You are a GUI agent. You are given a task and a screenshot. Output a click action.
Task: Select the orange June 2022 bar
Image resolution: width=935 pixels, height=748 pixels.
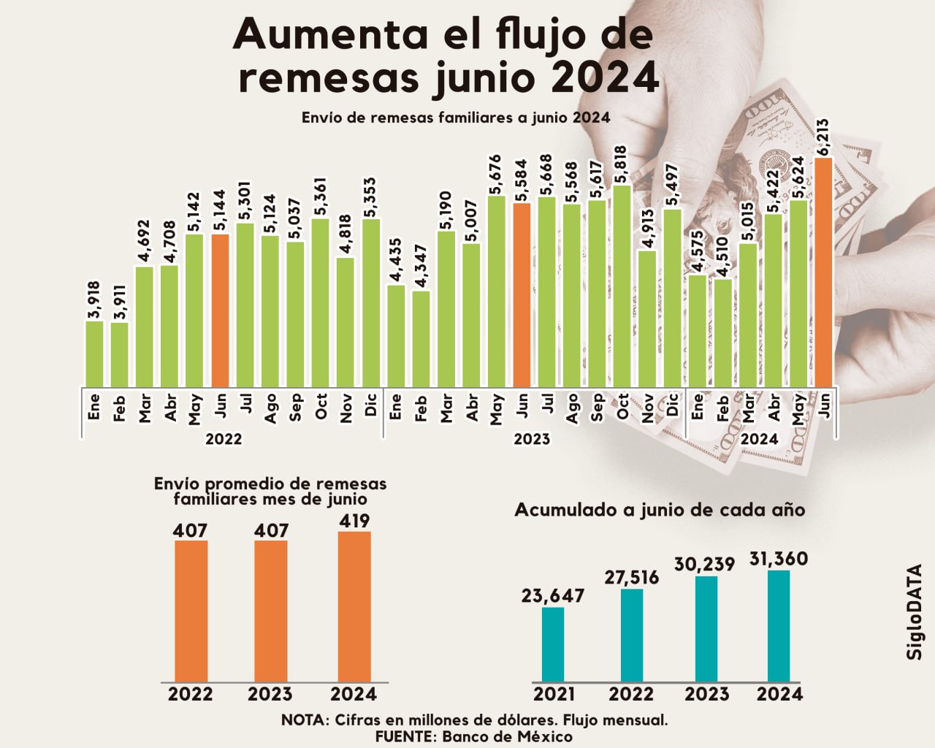[221, 310]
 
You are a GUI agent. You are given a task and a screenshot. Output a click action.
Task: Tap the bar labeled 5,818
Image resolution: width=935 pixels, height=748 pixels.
[622, 285]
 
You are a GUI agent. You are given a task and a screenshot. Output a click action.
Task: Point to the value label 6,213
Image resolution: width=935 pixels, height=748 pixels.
[823, 137]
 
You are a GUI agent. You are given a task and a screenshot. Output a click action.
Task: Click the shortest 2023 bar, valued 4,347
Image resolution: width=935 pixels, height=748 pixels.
[421, 337]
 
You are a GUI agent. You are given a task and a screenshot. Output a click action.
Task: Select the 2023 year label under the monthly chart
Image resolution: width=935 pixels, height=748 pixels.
[532, 440]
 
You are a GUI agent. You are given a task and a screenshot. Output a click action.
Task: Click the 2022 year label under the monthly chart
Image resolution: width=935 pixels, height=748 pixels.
[224, 440]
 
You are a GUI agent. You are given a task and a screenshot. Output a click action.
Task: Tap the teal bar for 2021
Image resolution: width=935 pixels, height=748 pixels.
[553, 644]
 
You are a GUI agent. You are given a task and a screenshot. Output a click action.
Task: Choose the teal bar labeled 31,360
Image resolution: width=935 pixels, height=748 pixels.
[779, 626]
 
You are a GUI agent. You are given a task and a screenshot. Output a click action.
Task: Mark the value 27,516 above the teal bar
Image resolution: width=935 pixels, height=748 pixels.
[632, 577]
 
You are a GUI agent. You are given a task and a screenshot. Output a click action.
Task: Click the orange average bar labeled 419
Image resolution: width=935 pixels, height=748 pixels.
[354, 606]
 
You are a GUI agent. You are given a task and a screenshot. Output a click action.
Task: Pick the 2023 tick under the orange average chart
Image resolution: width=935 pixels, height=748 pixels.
[270, 694]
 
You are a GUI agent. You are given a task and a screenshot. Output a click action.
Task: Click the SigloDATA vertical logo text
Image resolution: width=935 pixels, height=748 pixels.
[915, 612]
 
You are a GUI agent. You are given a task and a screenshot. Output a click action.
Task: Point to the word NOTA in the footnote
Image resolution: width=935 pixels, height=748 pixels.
[304, 720]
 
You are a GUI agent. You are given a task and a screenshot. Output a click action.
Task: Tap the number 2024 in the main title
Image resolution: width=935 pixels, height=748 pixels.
[606, 78]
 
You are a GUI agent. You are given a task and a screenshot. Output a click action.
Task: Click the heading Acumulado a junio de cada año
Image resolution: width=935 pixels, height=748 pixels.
[660, 510]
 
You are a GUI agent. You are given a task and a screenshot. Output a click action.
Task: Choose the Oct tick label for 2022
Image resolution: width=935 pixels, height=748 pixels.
[321, 407]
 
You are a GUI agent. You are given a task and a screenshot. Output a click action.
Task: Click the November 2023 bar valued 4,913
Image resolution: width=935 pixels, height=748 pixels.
[647, 317]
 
